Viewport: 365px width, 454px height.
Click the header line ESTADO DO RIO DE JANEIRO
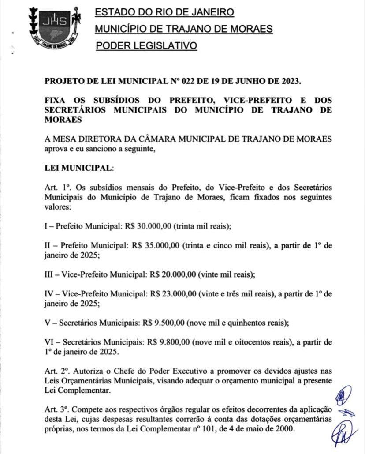(x=164, y=12)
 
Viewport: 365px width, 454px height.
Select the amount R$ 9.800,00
(x=166, y=342)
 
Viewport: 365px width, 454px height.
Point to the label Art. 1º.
(x=55, y=188)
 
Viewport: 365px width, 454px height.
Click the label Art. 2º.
(x=55, y=370)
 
